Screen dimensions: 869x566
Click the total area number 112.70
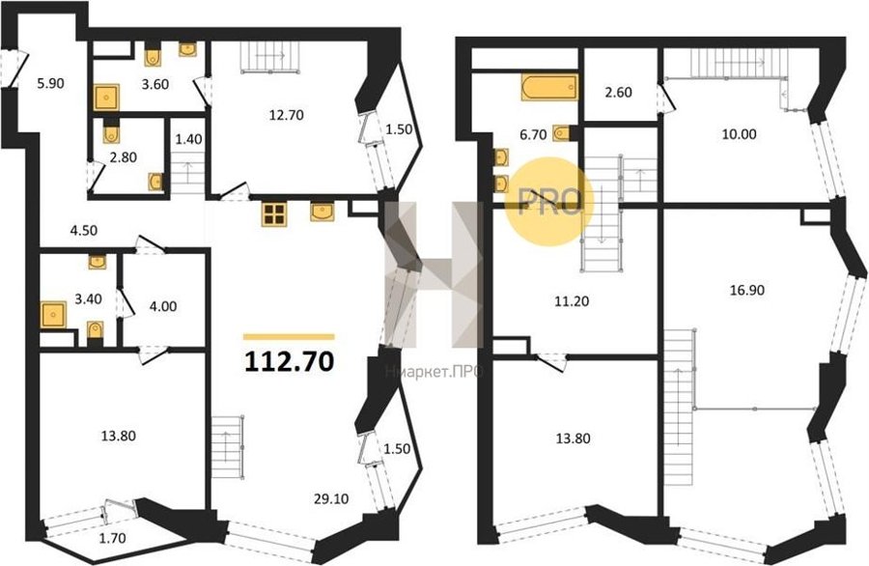click(x=289, y=361)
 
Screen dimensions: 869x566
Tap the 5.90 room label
click(x=50, y=84)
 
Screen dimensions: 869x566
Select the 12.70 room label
click(x=288, y=115)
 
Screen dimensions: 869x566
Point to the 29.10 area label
click(x=332, y=499)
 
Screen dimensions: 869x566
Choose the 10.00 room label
click(x=740, y=134)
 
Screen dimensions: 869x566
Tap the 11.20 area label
click(x=572, y=301)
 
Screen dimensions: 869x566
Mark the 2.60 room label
click(x=618, y=92)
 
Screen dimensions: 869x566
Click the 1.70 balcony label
click(x=112, y=537)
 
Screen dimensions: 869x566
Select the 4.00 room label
click(x=163, y=306)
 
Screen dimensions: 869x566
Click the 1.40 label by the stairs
click(x=188, y=139)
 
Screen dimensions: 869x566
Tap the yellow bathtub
click(x=549, y=88)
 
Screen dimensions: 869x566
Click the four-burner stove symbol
click(x=274, y=214)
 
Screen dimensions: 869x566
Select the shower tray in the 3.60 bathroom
click(x=106, y=98)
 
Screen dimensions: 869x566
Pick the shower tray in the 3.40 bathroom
click(x=54, y=315)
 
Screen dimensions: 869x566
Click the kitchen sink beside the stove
click(x=322, y=212)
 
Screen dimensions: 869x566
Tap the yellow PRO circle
click(x=548, y=201)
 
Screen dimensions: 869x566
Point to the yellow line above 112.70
click(x=289, y=336)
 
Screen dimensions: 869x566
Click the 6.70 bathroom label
click(x=533, y=134)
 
